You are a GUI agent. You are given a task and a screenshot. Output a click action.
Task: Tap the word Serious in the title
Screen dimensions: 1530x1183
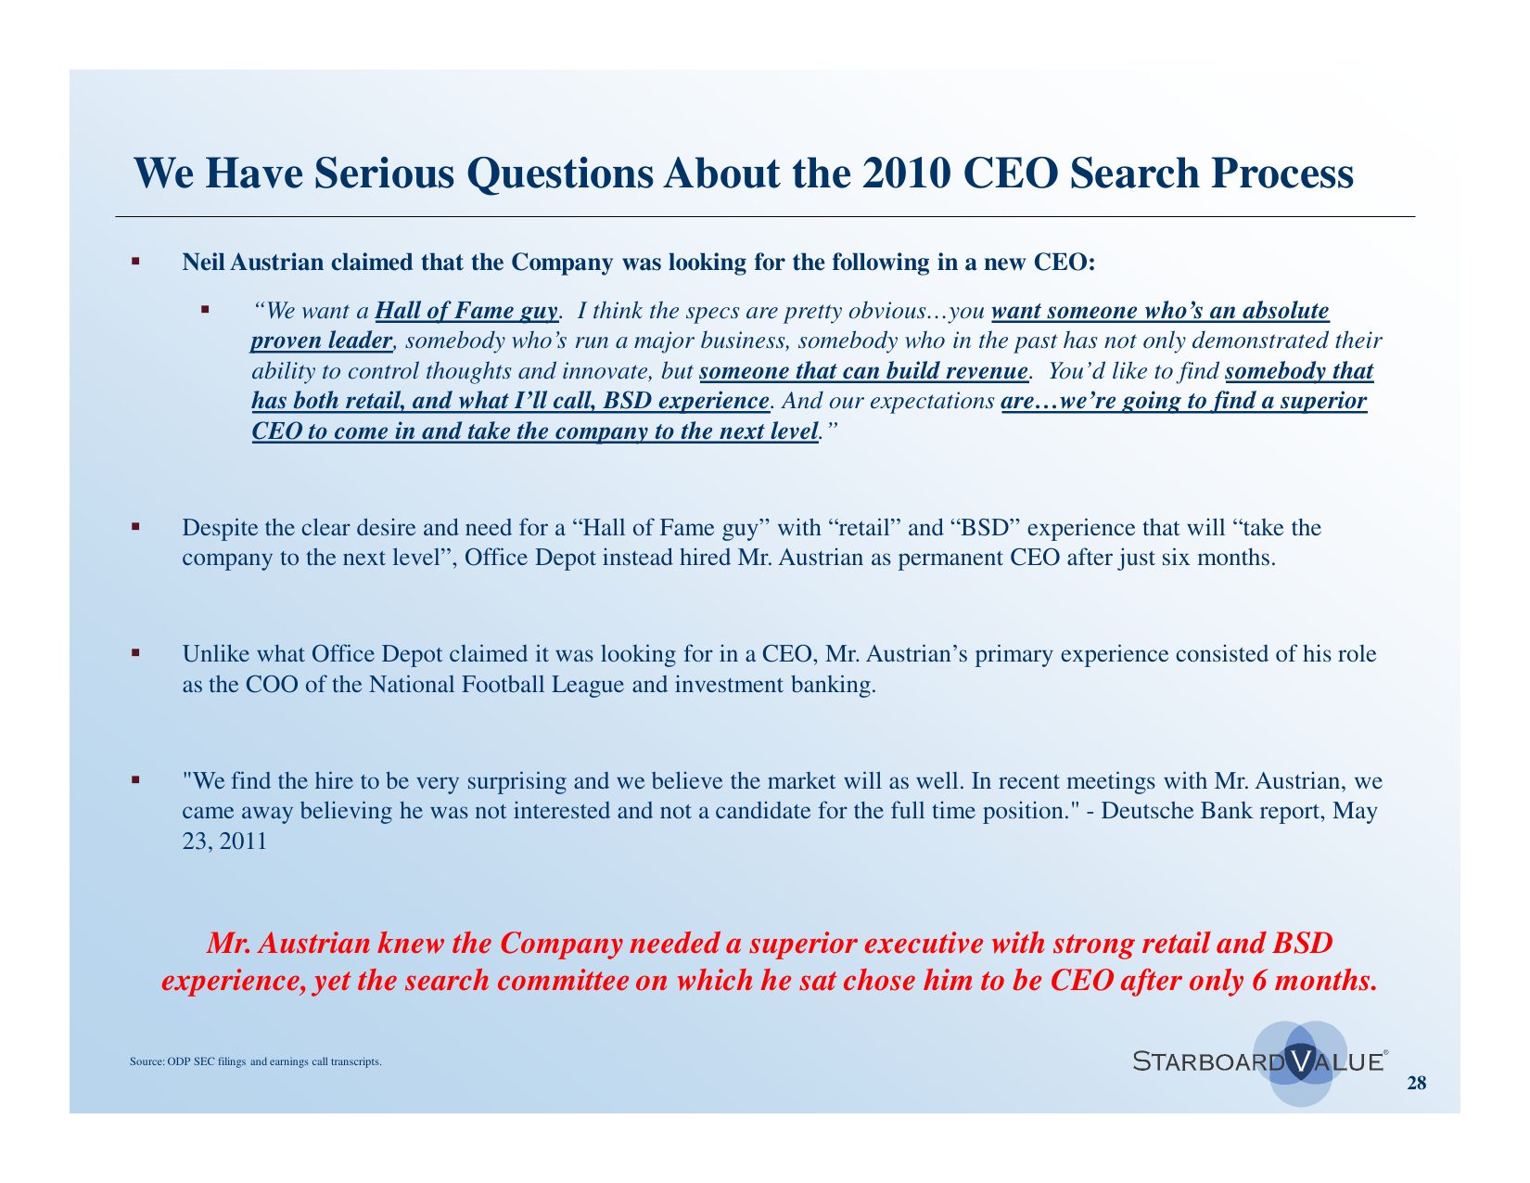click(384, 174)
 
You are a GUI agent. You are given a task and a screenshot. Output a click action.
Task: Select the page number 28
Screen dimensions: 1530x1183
click(1417, 1083)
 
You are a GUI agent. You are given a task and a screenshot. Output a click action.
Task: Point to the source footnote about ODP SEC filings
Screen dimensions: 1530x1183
click(256, 1061)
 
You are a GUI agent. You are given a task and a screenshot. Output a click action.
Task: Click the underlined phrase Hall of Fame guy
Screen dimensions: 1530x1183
click(466, 311)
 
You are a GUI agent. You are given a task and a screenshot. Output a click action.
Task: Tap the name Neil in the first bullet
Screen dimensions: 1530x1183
click(203, 262)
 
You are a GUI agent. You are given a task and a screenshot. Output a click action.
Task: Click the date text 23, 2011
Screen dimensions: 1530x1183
click(224, 842)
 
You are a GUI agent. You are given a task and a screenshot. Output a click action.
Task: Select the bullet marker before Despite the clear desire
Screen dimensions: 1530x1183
click(135, 526)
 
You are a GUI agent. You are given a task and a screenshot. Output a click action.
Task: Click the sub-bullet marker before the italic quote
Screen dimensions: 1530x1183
click(205, 309)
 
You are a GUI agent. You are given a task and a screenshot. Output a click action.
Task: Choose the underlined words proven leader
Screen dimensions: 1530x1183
click(321, 341)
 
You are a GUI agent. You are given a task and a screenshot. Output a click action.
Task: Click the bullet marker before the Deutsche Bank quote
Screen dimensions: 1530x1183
click(135, 780)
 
